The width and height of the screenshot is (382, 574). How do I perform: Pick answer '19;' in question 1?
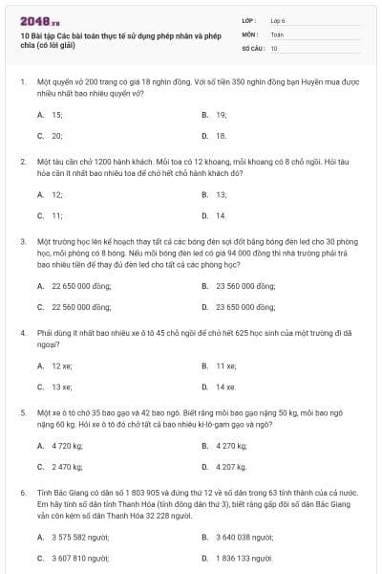tap(221, 114)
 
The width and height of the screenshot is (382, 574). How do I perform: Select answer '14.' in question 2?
tap(221, 215)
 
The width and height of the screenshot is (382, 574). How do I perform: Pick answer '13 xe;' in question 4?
tap(62, 386)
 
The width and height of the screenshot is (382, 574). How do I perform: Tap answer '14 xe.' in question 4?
tap(225, 386)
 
